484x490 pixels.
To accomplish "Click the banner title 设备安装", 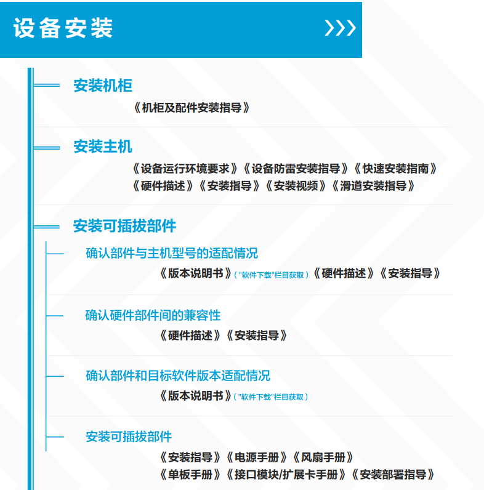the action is pos(63,28).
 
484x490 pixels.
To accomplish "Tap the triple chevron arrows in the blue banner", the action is pos(340,28).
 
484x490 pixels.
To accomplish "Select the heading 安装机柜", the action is pos(103,86).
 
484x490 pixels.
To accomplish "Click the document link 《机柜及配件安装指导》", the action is pos(192,108).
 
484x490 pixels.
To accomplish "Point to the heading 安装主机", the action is pos(103,147).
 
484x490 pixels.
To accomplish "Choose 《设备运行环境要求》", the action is pos(185,169).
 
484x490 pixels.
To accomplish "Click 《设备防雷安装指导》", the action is pos(296,169).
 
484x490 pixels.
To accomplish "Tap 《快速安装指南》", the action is pos(395,169).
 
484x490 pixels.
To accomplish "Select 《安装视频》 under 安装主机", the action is pos(296,186).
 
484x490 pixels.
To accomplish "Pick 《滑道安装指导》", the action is pos(373,186).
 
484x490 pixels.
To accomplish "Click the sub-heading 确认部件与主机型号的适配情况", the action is pos(172,253).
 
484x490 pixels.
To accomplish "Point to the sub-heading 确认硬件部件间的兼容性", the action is pos(153,315).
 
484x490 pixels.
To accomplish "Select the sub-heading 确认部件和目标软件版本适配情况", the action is pos(178,376).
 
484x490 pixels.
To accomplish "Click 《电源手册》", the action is pos(256,457).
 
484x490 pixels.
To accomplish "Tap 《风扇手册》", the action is pos(323,457).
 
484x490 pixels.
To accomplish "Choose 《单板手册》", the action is pos(190,475).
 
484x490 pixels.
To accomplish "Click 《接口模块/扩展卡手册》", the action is pos(286,475).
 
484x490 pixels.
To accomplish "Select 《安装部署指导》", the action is pos(393,475).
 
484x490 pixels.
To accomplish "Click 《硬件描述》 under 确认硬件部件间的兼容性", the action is pos(190,335).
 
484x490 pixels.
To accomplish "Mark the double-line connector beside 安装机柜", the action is pos(47,86).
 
